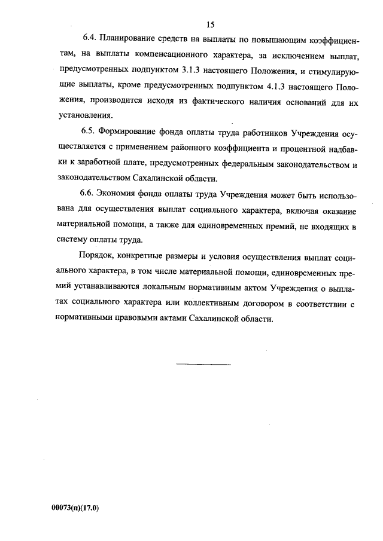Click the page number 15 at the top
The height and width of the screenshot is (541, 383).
210,25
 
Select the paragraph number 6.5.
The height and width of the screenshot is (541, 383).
89,132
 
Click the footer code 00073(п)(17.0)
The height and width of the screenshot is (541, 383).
76,508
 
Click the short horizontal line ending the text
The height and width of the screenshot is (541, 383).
203,364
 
